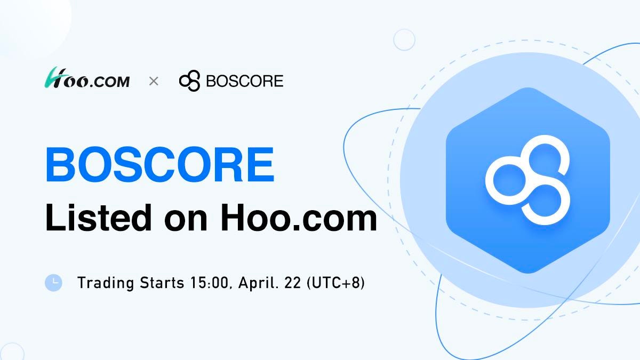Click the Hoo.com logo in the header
tap(87, 78)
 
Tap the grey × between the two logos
tap(154, 82)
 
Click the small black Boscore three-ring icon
tap(189, 81)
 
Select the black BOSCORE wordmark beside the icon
tap(245, 81)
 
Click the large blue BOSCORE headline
tap(160, 164)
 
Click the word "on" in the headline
tap(186, 221)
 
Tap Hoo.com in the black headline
tap(299, 218)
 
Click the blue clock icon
tap(53, 283)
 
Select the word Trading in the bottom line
tap(106, 283)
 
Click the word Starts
tap(162, 283)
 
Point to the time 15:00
tap(211, 283)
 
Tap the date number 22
tap(293, 283)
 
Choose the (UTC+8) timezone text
tap(335, 283)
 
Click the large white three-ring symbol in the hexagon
tap(527, 180)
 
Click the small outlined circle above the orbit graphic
tap(404, 39)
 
